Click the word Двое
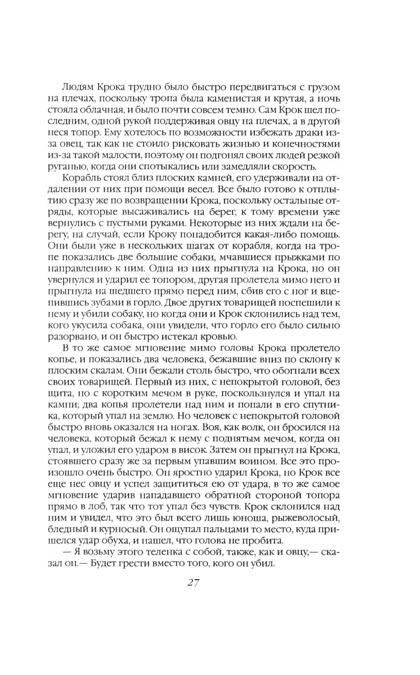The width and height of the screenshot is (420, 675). (x=178, y=302)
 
